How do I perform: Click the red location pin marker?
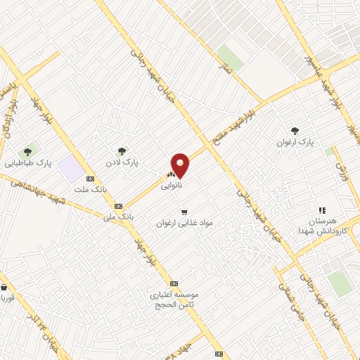(x=180, y=165)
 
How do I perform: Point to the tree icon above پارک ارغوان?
(x=295, y=130)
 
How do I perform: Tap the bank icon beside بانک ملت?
(x=89, y=178)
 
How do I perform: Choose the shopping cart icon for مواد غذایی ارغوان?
(x=184, y=212)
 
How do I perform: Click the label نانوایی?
(x=171, y=186)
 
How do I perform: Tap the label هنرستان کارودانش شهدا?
(x=323, y=226)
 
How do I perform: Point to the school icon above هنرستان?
(x=322, y=210)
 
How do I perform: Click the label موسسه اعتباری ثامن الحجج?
(x=174, y=300)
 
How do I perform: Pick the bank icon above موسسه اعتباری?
(x=174, y=283)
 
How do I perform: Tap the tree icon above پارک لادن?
(x=122, y=150)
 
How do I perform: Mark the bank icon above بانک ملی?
(x=117, y=206)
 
